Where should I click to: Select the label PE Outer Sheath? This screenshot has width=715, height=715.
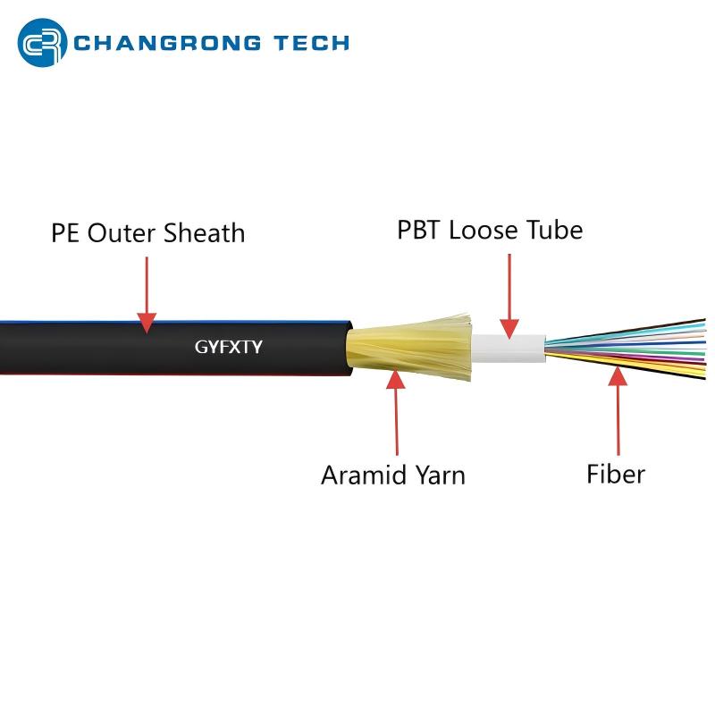[147, 233]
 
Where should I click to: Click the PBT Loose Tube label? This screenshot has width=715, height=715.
[490, 230]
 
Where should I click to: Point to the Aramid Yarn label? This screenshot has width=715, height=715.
[393, 475]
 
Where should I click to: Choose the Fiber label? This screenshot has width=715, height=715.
[615, 473]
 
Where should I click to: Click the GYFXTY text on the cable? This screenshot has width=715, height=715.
[228, 347]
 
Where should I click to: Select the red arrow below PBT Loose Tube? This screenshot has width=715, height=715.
[509, 296]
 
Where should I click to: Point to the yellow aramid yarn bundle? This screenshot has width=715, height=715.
[402, 349]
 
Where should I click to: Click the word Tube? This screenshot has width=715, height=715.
[557, 230]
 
